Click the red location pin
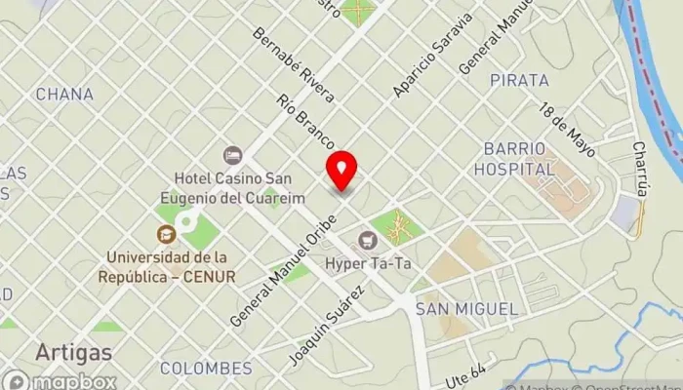pos(341,171)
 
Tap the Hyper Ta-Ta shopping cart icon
pos(367,239)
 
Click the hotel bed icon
pos(232,155)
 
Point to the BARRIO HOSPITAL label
pos(519,158)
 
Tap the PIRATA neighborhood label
pos(520,80)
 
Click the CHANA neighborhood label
pos(64,95)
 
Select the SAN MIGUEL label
pos(465,308)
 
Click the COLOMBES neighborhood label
pos(206,368)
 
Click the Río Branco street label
pos(306,122)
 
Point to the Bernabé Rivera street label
pos(294,64)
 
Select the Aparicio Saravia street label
pos(432,55)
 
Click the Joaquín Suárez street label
pos(326,326)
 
